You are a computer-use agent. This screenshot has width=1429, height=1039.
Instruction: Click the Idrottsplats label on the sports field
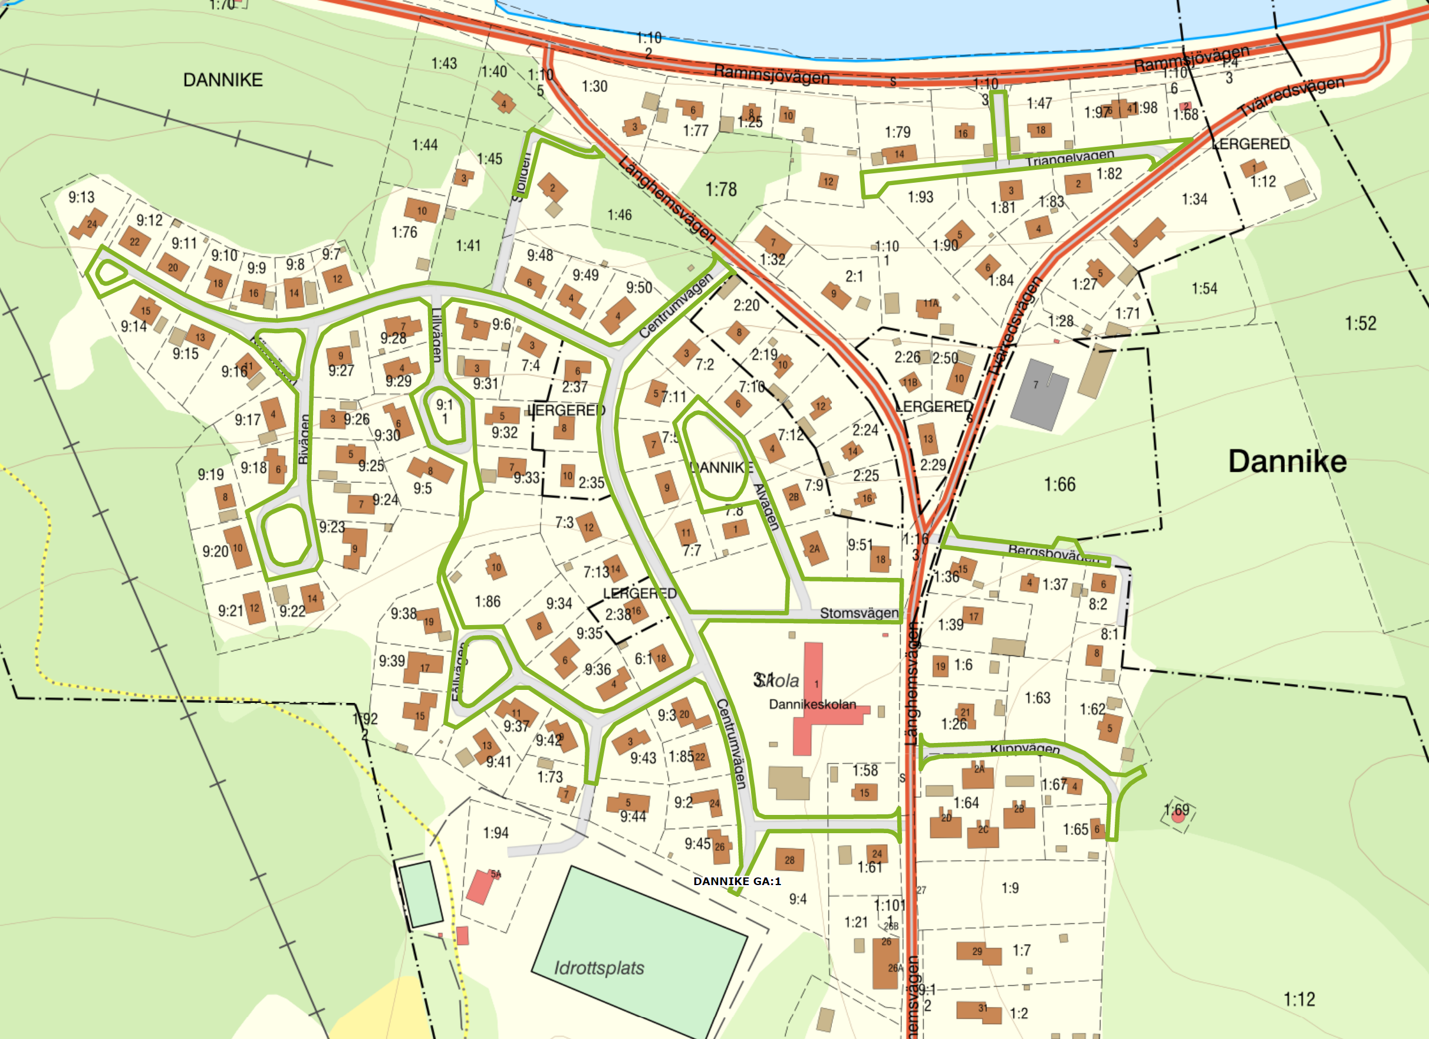coord(598,968)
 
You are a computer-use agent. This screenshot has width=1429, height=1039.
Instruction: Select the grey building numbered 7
coord(1039,394)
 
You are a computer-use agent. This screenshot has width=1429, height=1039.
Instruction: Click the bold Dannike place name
coord(1288,462)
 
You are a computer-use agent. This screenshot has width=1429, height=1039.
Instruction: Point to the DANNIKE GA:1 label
coord(736,881)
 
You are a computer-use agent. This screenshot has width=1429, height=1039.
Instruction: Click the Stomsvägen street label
coord(858,613)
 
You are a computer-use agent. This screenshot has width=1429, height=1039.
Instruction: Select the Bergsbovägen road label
coord(1053,553)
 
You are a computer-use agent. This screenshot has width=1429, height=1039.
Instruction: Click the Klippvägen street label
coord(1025,748)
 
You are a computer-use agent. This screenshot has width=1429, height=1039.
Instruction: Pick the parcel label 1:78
coord(721,189)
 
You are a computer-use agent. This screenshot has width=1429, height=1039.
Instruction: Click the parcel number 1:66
coord(1059,485)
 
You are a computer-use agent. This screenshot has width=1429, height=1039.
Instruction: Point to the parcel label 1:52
coord(1361,324)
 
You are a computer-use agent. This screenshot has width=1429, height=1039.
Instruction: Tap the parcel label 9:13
coord(81,197)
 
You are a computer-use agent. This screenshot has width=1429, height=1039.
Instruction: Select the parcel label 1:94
coord(495,833)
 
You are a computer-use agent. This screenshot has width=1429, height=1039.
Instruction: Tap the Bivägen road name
coord(304,439)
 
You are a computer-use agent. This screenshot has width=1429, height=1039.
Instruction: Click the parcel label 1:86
coord(487,601)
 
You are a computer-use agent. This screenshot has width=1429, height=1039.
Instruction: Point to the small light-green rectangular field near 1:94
coord(421,893)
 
